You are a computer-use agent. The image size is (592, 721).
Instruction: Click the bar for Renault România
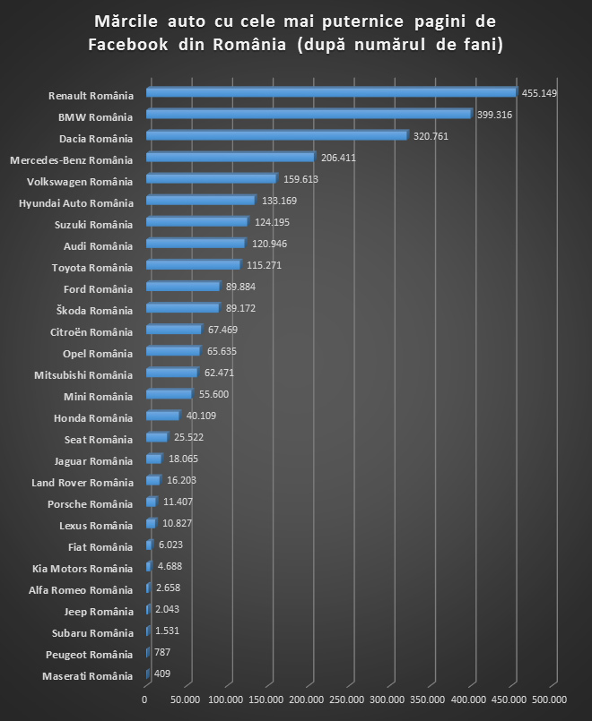coord(330,91)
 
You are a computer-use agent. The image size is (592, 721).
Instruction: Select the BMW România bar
coord(308,114)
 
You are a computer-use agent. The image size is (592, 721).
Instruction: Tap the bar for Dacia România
coord(276,135)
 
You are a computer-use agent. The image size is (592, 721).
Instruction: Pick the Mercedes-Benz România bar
coord(230,157)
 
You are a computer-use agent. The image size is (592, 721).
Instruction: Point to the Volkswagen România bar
coord(211,178)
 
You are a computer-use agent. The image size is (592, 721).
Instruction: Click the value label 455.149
coord(541,93)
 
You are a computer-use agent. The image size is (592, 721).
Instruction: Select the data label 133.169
coord(280,201)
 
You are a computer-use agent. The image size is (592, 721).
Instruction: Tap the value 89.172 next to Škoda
coord(243,308)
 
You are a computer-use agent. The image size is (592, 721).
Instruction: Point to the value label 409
coord(161,674)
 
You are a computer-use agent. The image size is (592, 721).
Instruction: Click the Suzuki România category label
coord(93,224)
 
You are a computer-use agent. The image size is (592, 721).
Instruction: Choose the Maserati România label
coord(87,675)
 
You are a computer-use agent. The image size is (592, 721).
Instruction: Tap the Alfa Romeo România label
coord(87,589)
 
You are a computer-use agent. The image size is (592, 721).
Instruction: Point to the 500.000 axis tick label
coord(549,699)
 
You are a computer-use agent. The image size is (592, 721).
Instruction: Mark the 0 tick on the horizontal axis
coord(145,699)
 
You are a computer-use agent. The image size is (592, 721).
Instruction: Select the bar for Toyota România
coord(193,264)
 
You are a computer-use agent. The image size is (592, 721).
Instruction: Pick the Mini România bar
coord(169,394)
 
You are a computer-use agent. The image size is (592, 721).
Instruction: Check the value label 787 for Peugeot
coord(162,653)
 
